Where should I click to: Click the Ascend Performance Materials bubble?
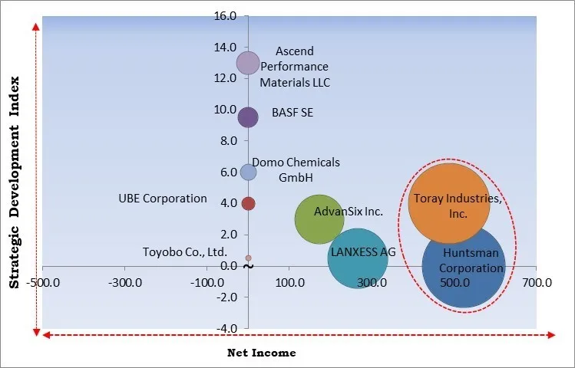tap(248, 63)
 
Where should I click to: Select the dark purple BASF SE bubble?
tap(248, 117)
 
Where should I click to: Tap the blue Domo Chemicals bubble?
tap(248, 172)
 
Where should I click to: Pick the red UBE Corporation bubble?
tap(248, 203)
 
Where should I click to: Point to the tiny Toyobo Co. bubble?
tap(248, 258)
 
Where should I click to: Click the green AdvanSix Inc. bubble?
tap(319, 219)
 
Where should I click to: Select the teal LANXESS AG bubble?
tap(357, 258)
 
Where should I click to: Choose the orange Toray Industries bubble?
tap(449, 204)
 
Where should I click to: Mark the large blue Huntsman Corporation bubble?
tap(463, 266)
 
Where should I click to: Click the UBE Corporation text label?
tap(163, 199)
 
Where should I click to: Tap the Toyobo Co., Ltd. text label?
tap(185, 251)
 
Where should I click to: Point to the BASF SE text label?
tap(292, 113)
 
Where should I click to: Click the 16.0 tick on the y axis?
tap(226, 16)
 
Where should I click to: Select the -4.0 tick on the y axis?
tap(226, 328)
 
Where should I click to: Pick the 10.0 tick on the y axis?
tap(226, 110)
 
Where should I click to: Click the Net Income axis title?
tap(261, 353)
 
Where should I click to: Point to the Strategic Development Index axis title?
tap(14, 184)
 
